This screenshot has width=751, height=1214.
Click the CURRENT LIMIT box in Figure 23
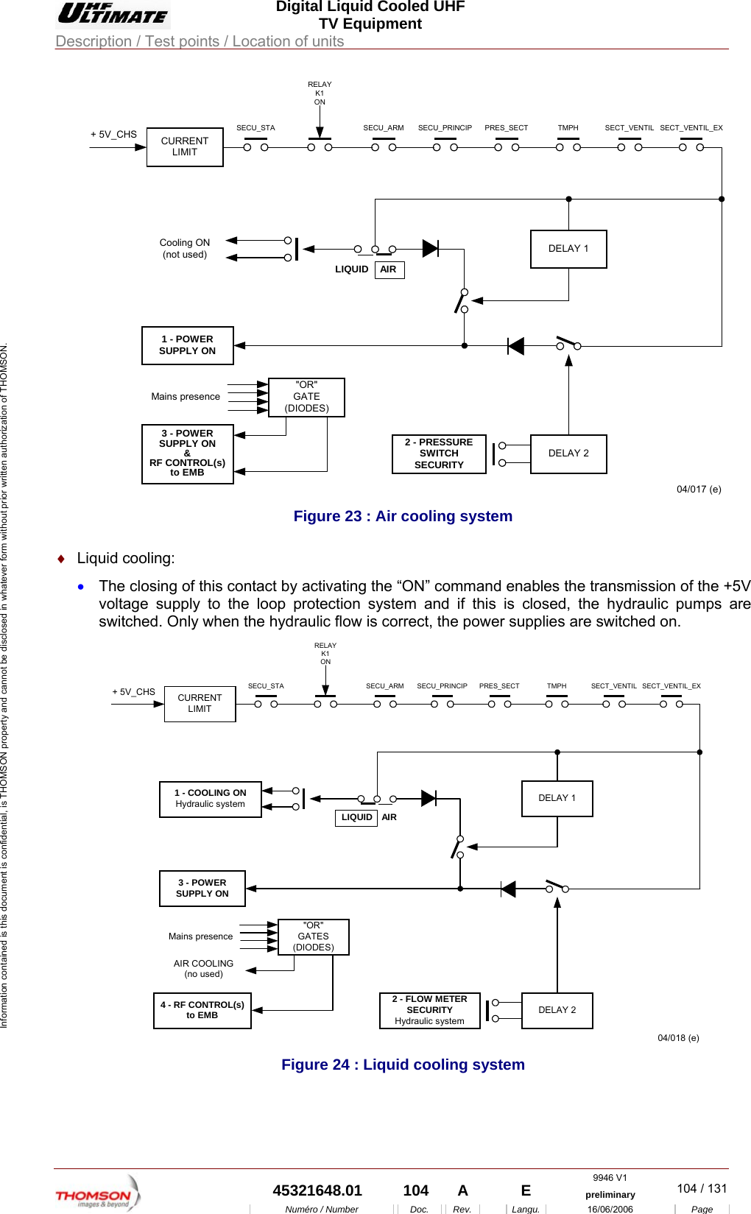tap(185, 147)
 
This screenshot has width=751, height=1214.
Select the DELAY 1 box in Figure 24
tap(557, 798)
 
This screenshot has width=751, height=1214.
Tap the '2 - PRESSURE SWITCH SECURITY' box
tap(439, 454)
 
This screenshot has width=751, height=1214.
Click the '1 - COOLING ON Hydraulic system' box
tap(211, 799)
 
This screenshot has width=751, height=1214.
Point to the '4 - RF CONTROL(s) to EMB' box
tap(202, 1010)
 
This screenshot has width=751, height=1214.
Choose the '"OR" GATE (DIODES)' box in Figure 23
tap(306, 397)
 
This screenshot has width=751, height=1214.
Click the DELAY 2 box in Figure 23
tap(568, 454)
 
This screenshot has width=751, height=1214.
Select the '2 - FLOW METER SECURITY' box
tap(430, 1010)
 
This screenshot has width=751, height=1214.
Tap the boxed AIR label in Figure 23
tap(389, 269)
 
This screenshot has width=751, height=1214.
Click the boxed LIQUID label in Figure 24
tap(356, 817)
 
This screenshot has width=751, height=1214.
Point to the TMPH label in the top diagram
tap(568, 127)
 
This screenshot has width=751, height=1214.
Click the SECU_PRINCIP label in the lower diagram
tap(442, 685)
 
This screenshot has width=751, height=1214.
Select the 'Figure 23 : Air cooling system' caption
tap(403, 516)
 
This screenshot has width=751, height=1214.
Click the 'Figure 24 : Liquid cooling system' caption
tap(403, 1065)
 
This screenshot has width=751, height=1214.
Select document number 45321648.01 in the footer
tap(317, 1190)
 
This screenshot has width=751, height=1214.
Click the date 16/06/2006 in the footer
tap(610, 1209)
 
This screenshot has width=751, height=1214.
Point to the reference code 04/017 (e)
tap(699, 489)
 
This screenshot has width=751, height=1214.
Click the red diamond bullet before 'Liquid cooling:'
tap(61, 559)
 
